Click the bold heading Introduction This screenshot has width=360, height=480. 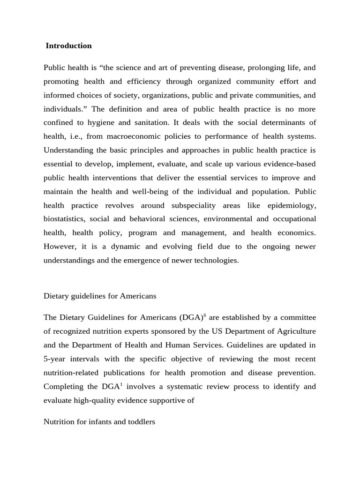point(68,45)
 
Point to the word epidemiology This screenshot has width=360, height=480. point(292,205)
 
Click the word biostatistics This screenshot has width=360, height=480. point(64,219)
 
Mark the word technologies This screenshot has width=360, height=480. point(216,260)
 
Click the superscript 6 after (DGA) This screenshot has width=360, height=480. point(205,315)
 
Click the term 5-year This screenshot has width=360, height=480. point(54,359)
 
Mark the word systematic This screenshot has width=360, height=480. point(183,387)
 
